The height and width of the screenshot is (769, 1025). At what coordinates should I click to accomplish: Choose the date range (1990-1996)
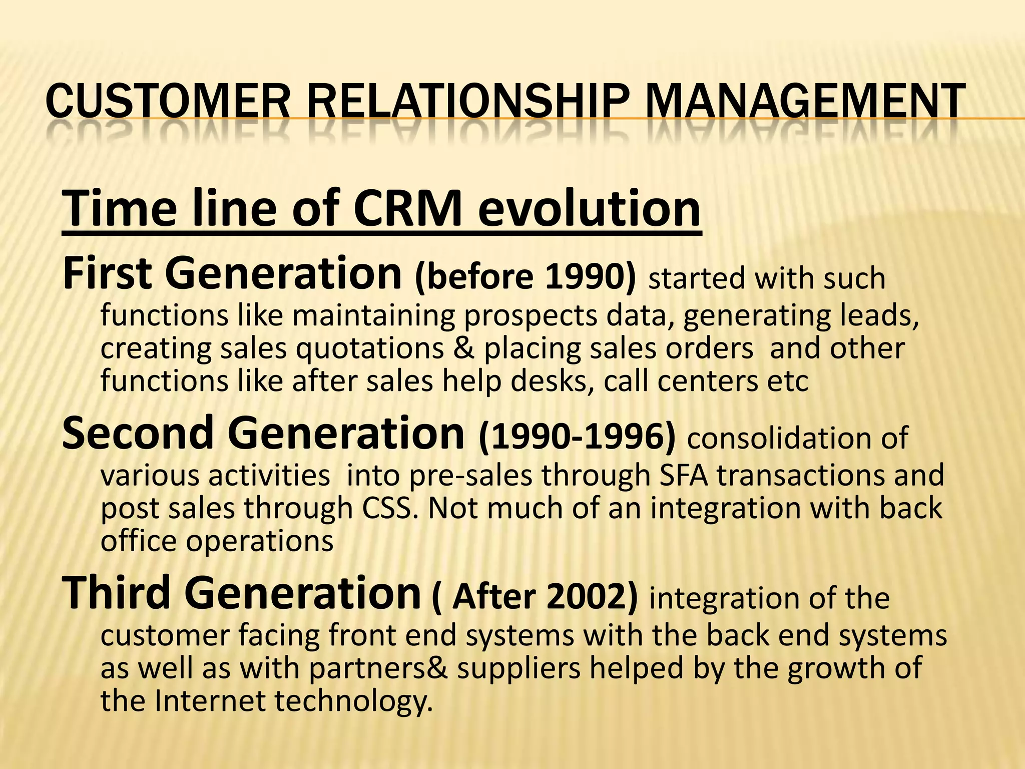tap(577, 437)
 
